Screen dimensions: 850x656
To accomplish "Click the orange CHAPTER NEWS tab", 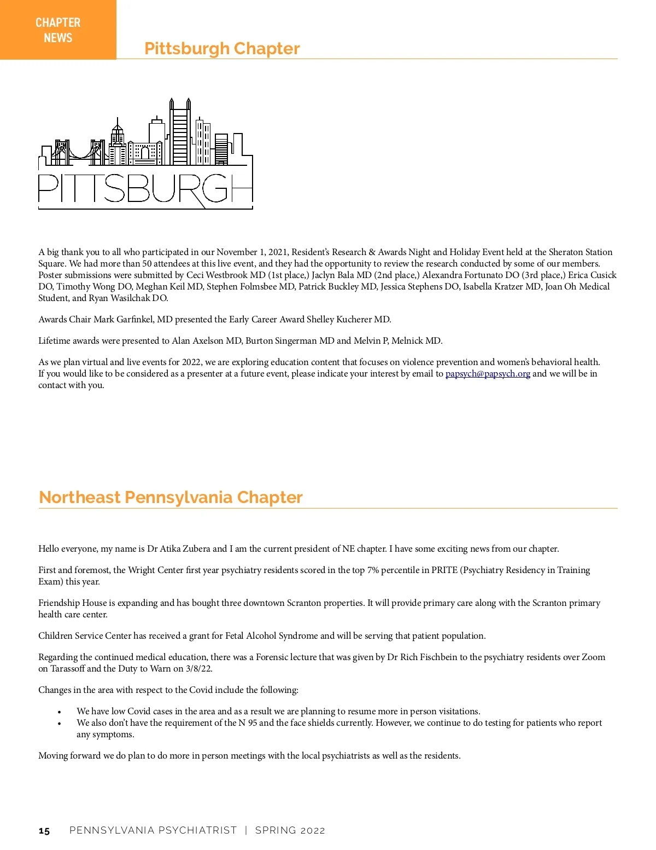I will [x=58, y=30].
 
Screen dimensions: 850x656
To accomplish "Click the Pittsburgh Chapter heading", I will [x=222, y=48].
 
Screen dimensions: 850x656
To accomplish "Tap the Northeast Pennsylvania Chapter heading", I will [x=171, y=497].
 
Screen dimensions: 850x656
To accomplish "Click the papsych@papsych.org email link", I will [x=488, y=373].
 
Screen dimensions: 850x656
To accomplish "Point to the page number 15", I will [x=44, y=831].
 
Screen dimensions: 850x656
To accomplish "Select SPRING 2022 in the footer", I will [x=290, y=830].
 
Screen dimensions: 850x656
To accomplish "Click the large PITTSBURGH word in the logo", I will [x=145, y=189].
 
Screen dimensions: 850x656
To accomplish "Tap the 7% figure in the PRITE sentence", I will [x=373, y=570].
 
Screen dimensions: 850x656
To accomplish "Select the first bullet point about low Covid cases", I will [x=278, y=711].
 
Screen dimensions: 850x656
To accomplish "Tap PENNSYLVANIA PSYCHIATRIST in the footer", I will [x=153, y=830].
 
